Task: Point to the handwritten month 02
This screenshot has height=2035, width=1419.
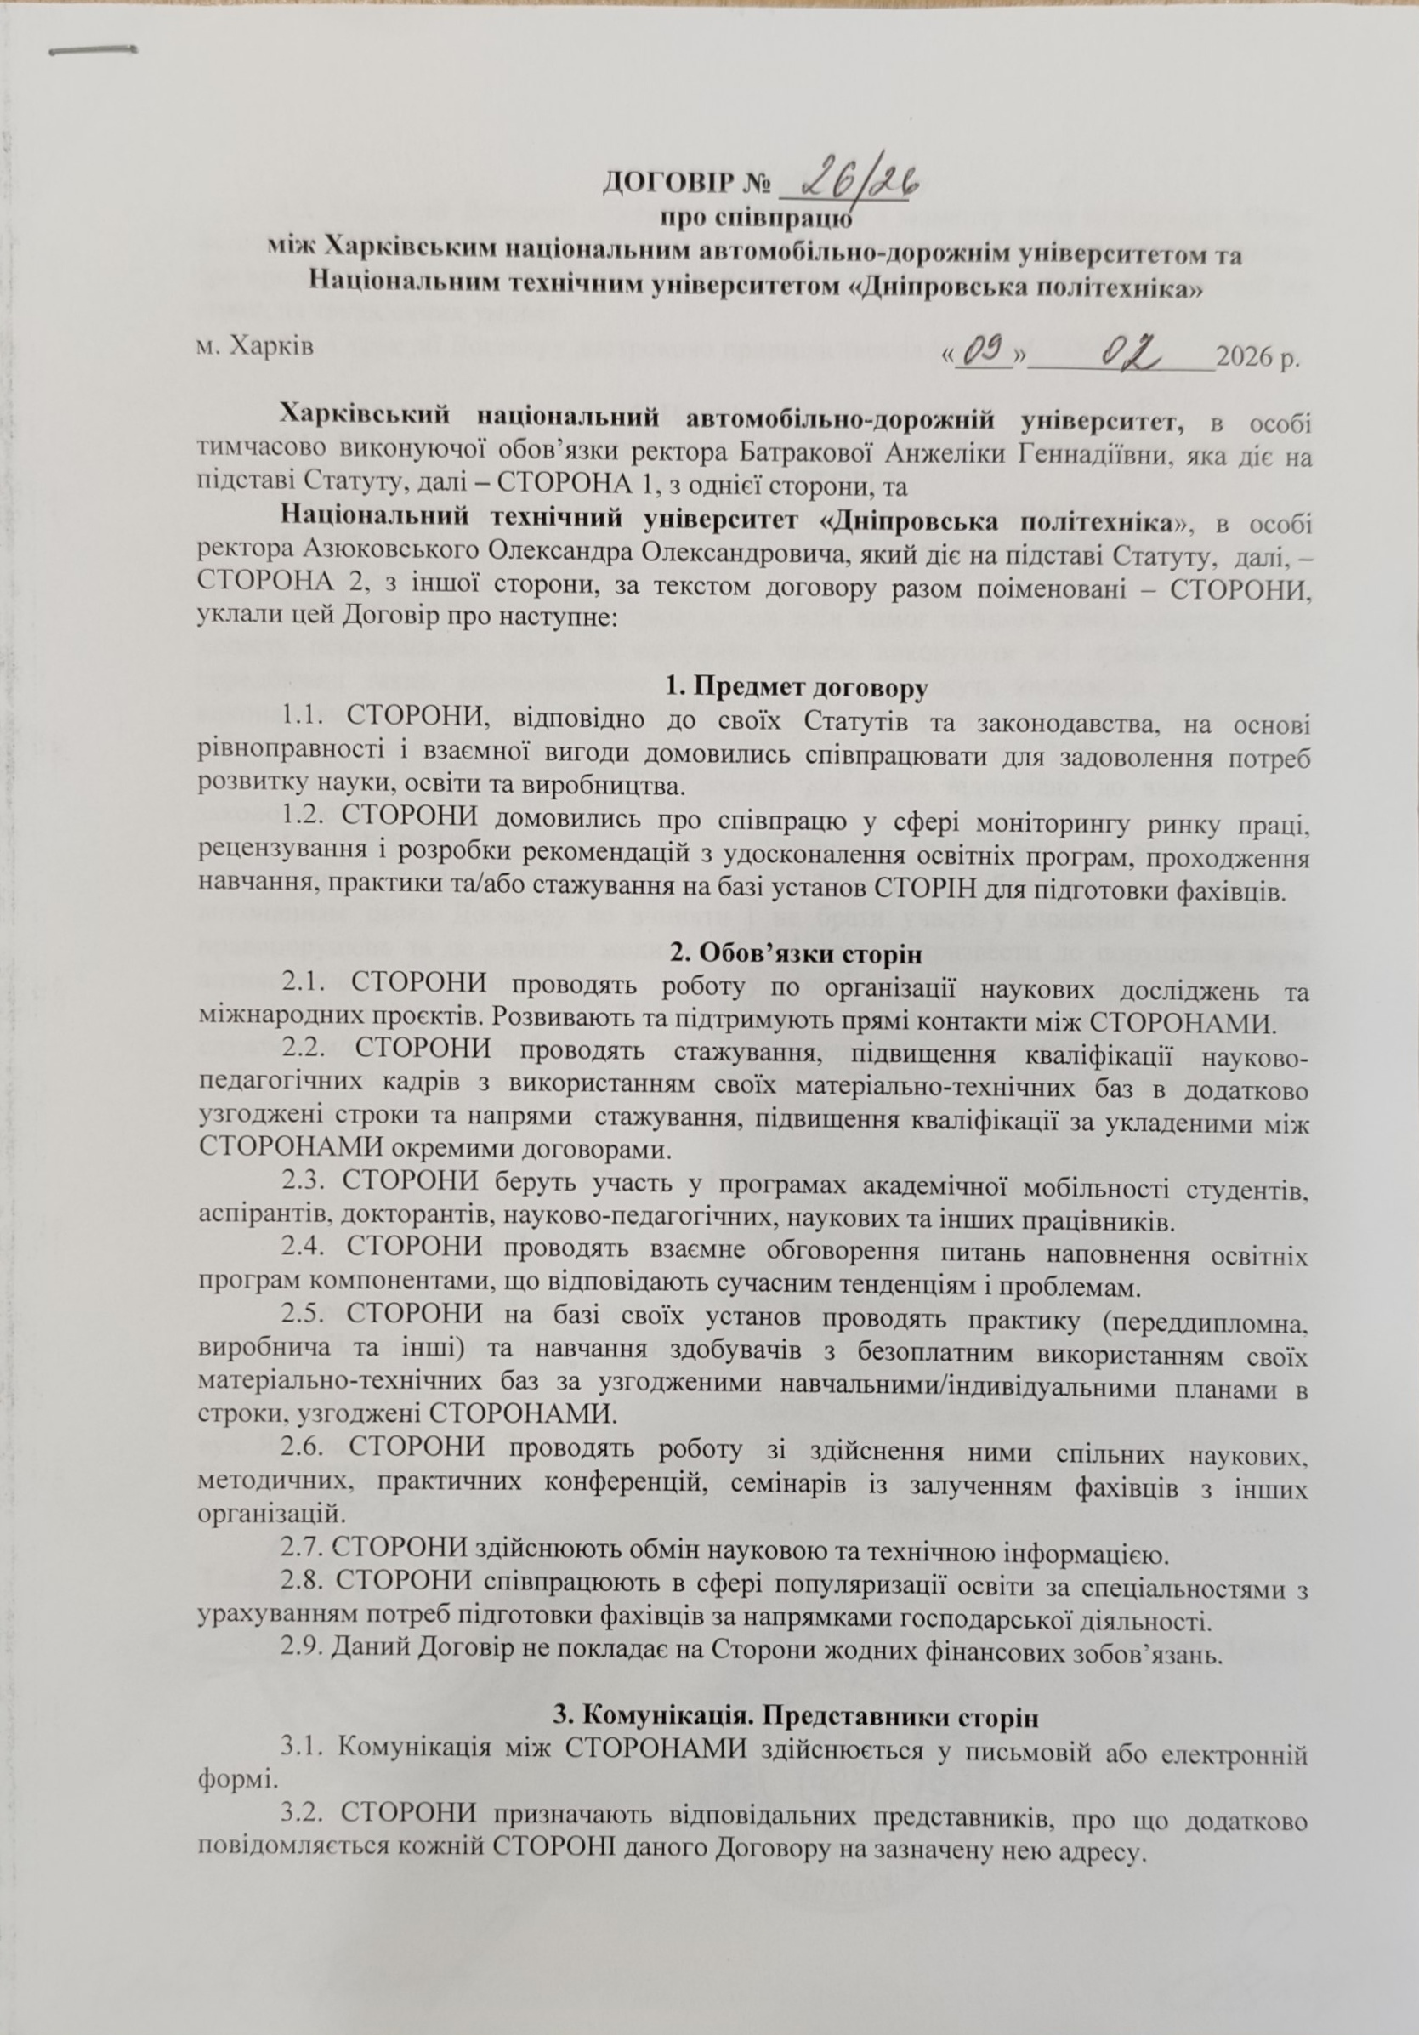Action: pos(1132,354)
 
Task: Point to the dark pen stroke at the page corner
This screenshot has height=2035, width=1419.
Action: pos(92,50)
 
